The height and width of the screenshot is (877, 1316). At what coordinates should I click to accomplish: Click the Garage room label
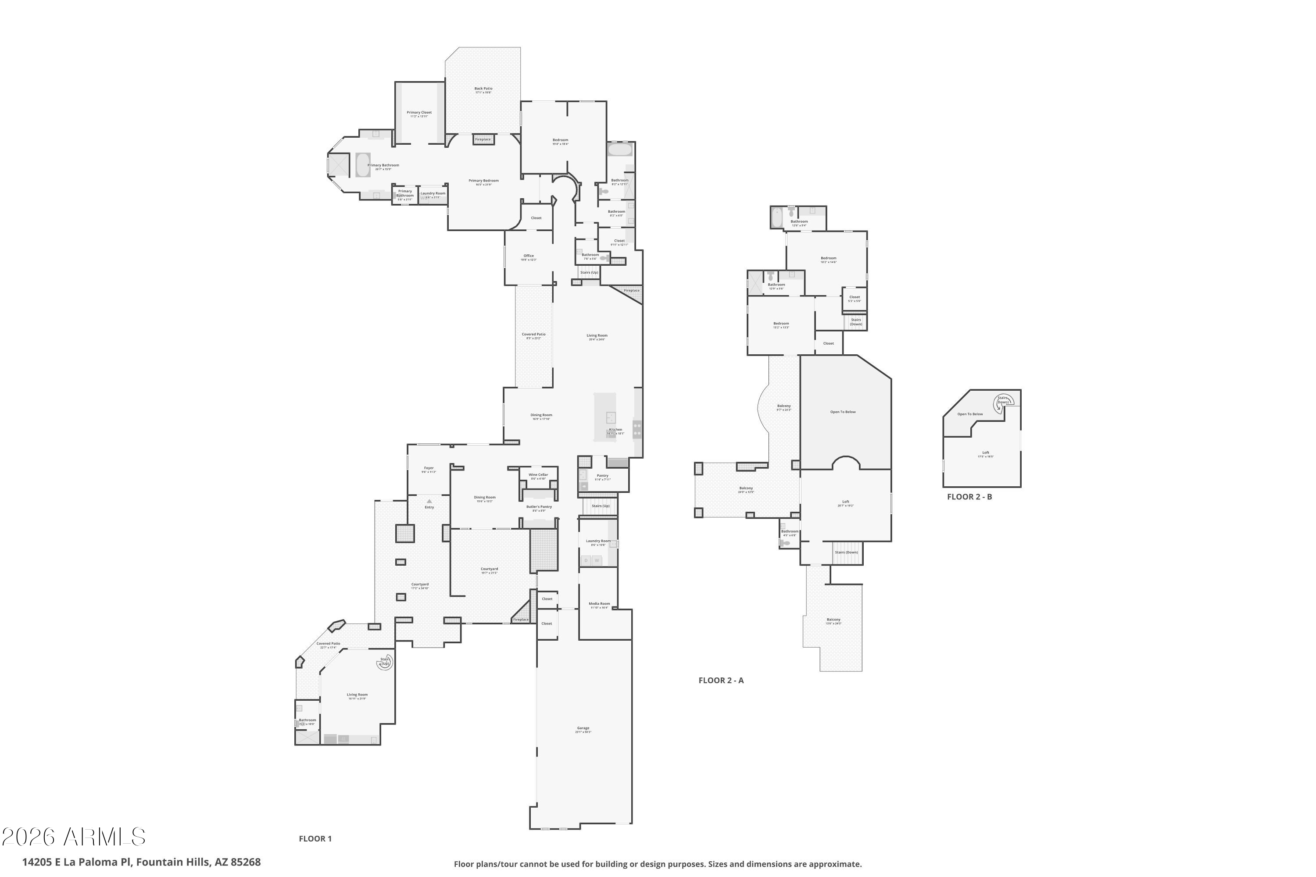tap(583, 728)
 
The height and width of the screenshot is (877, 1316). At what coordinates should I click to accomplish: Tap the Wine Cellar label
tap(538, 475)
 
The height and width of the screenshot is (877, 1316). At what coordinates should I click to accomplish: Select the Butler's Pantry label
tap(539, 507)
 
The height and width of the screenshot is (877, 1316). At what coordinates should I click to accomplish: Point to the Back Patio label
tap(483, 89)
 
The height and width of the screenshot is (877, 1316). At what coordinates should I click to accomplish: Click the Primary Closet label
tap(419, 112)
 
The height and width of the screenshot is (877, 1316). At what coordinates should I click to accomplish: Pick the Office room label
tap(529, 256)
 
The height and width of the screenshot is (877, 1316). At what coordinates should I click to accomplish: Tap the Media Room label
tap(599, 603)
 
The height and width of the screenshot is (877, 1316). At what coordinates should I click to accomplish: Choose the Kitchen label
tap(615, 430)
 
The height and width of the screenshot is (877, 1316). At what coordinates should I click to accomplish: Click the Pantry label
tap(603, 476)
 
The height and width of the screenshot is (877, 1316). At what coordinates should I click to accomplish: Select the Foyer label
tap(429, 468)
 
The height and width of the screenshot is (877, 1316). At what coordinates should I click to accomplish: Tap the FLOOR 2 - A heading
tap(721, 680)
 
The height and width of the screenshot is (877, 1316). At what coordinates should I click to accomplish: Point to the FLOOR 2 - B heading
tap(969, 497)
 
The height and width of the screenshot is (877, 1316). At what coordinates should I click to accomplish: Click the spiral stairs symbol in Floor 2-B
tap(1002, 402)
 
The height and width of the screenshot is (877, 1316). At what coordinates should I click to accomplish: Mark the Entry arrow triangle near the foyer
tap(429, 501)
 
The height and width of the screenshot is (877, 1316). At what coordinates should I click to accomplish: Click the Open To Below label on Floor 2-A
tap(843, 412)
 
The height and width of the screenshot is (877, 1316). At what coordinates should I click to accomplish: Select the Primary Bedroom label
tap(483, 181)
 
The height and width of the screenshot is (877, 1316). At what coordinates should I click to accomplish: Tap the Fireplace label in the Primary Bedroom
tap(483, 139)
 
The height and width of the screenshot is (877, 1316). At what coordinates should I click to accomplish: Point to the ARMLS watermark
tap(74, 837)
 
